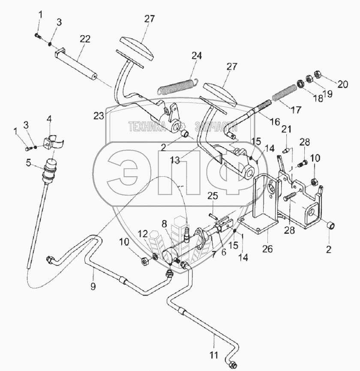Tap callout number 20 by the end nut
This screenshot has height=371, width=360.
[342, 84]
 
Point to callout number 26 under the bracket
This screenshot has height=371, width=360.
[268, 248]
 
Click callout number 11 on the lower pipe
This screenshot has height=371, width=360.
[213, 356]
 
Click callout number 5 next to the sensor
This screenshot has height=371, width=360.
[28, 163]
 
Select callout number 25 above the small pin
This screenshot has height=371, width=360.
[213, 197]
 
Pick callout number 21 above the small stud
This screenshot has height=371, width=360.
[286, 130]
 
